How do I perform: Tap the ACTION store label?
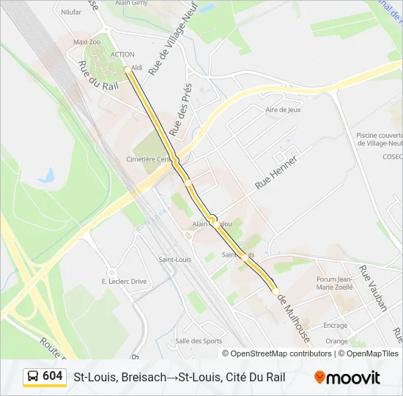pos(122,54)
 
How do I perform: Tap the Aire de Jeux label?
pos(283,110)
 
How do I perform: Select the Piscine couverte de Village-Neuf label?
pos(379,139)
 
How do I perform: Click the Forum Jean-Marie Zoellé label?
pos(335,283)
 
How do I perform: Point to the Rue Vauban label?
pos(372,289)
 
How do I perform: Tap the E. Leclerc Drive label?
pos(125,281)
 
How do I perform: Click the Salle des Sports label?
pos(199,340)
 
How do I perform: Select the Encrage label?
pos(336,325)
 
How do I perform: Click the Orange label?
pos(337,341)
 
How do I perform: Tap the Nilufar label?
pos(71,12)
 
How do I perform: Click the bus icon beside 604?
pos(34,377)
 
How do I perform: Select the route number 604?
pos(53,376)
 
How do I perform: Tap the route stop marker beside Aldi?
pos(127,70)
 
